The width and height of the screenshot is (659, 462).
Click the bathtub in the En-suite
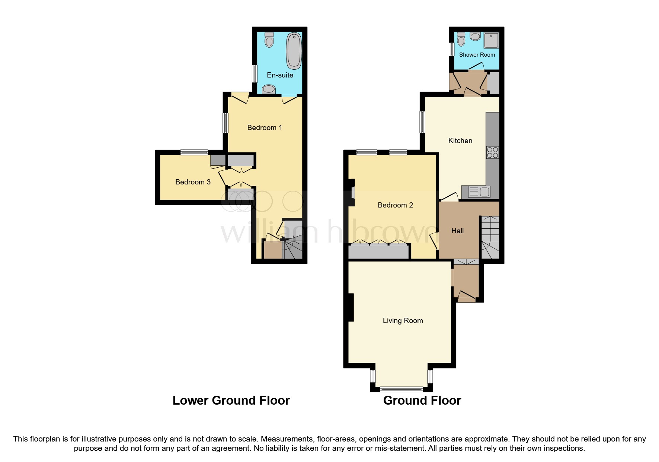tap(294, 51)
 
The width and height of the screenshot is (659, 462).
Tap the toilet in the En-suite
tap(269, 39)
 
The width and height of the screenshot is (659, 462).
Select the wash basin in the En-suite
tap(269, 89)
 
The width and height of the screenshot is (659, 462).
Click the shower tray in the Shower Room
tap(491, 40)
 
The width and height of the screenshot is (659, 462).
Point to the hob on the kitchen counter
tap(492, 152)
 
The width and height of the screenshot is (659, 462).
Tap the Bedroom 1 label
tap(265, 128)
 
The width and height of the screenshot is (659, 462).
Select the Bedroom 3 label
tap(193, 182)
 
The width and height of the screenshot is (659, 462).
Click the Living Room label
tap(403, 321)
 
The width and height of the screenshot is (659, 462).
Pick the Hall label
tap(457, 231)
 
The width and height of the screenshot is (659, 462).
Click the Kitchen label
tap(460, 141)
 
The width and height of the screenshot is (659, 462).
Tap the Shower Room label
tap(477, 55)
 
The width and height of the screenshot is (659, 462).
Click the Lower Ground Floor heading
tap(231, 401)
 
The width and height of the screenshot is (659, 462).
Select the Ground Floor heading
tap(422, 401)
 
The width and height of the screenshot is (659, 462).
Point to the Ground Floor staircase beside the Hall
tap(490, 238)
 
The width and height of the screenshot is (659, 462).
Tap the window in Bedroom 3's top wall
tap(194, 152)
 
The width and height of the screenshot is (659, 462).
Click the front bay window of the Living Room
tap(402, 389)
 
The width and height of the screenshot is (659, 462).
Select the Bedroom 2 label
tap(395, 205)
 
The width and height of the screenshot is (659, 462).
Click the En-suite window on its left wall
tap(255, 74)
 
